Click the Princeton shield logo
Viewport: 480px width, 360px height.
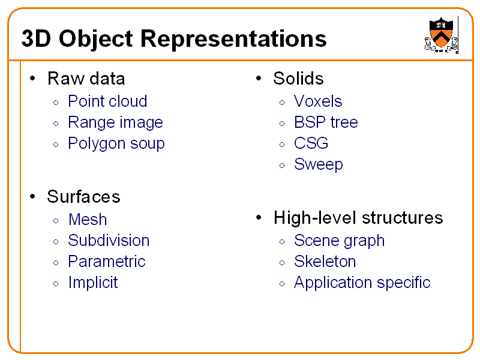pos(442,34)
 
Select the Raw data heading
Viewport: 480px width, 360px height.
pos(86,79)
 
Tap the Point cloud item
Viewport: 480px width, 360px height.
pos(107,101)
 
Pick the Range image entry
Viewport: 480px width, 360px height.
pos(115,122)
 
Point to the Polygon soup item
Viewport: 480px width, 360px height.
pos(116,143)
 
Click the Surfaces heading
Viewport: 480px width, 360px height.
pos(83,197)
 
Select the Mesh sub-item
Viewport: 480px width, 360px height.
pos(88,220)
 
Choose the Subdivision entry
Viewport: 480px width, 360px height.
pos(109,241)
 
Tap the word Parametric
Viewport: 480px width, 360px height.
pos(107,262)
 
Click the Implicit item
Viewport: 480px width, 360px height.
pos(93,283)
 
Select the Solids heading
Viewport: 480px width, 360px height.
pos(298,79)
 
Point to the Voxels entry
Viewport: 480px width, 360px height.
pos(318,101)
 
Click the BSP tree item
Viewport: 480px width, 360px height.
pos(326,122)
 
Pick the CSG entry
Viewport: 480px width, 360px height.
pos(311,143)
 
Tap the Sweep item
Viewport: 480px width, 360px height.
pos(318,164)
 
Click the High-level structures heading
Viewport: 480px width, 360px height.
pos(358,218)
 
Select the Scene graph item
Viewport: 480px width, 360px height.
pos(339,241)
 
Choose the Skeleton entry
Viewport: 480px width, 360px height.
pos(325,262)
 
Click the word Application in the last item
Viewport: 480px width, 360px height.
pos(330,283)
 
